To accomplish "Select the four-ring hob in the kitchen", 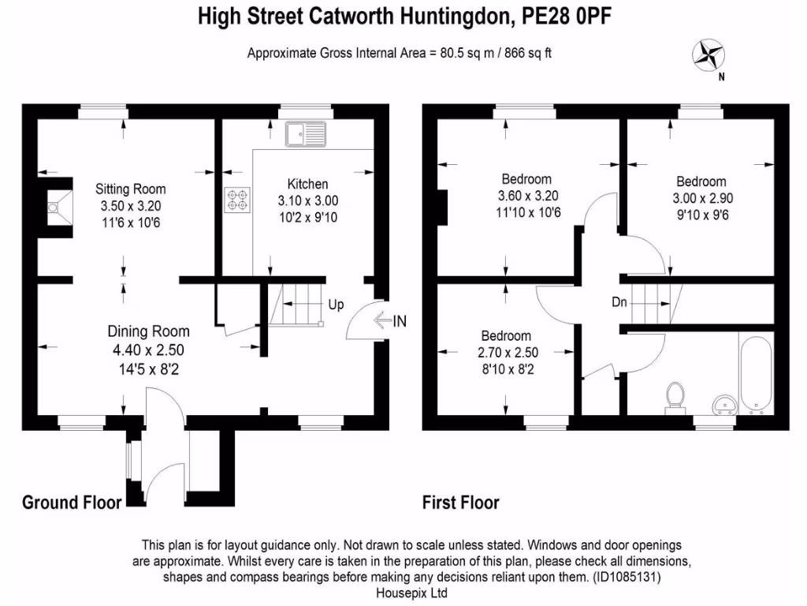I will point(236,199).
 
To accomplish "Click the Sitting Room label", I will point(131,189).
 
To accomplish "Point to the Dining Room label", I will point(148,331).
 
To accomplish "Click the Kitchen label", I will point(307,185).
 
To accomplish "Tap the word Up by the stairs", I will point(336,305).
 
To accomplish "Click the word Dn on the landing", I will point(619,301).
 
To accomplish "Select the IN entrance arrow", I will point(389,321).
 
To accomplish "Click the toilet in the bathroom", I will point(675,396).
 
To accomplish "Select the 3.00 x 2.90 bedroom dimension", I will point(701,198).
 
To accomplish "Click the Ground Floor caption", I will point(72,503).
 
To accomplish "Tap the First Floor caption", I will point(460,503).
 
